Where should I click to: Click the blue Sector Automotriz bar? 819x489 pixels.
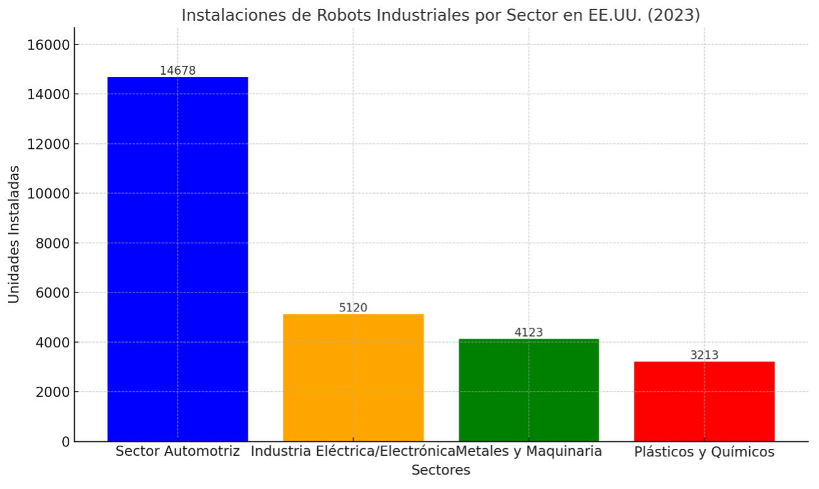click(x=178, y=259)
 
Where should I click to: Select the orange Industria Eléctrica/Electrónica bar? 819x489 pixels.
click(x=353, y=377)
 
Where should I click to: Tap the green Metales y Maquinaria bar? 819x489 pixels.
click(x=528, y=390)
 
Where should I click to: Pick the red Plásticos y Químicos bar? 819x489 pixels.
click(x=704, y=401)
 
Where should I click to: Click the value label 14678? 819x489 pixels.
click(x=178, y=70)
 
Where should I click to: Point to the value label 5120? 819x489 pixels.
click(x=353, y=308)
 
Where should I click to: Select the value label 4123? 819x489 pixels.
click(x=528, y=332)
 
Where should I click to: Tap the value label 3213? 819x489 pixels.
click(x=704, y=355)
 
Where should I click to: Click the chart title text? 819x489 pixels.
click(x=440, y=15)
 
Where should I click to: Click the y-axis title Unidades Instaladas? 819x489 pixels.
click(x=14, y=234)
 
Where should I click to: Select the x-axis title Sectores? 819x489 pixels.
click(x=440, y=470)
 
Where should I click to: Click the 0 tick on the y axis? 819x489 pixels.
click(x=65, y=441)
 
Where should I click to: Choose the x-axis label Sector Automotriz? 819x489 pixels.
click(x=178, y=451)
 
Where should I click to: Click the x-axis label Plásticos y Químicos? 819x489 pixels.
click(x=704, y=452)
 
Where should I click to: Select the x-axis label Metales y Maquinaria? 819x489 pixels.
click(x=529, y=451)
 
